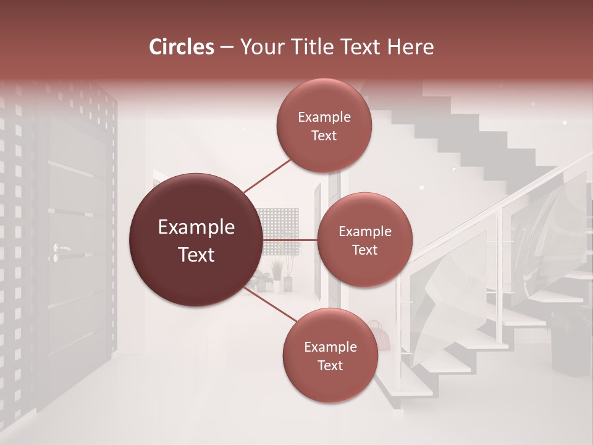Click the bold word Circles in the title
(182, 47)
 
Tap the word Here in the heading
(410, 47)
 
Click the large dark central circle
(196, 240)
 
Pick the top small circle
(324, 125)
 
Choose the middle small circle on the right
(364, 240)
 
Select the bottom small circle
(330, 355)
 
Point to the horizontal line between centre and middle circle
(290, 240)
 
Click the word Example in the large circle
(196, 227)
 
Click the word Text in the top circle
(324, 136)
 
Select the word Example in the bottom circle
(330, 347)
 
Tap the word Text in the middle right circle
(364, 250)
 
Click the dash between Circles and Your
(227, 48)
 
